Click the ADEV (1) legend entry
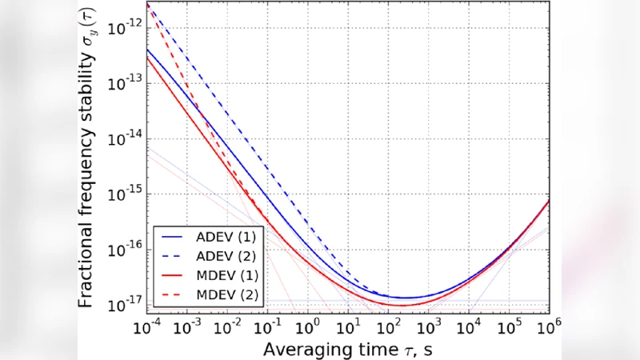(x=220, y=238)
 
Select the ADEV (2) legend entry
(x=220, y=258)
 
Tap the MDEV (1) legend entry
(x=220, y=277)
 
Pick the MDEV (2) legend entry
(x=220, y=296)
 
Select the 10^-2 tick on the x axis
(x=226, y=327)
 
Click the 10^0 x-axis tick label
(x=307, y=327)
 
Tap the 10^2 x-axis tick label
(x=388, y=327)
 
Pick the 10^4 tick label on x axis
(x=468, y=327)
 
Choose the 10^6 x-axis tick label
(x=548, y=327)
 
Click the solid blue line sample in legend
(x=174, y=238)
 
